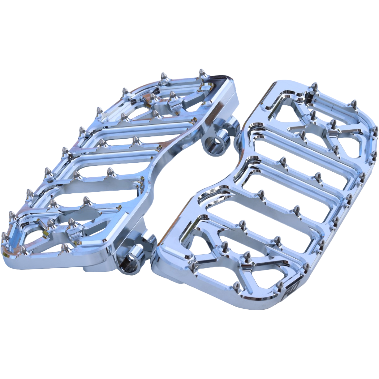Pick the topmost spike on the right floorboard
pos(315,86)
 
